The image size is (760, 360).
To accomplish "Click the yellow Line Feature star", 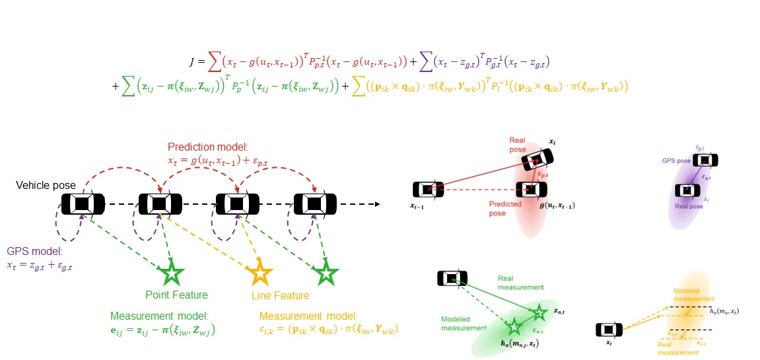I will click(x=259, y=272).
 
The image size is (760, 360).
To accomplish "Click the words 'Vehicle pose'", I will click(x=46, y=186).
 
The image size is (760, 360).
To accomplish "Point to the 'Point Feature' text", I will click(x=176, y=295).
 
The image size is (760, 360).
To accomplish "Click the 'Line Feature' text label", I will click(x=281, y=295).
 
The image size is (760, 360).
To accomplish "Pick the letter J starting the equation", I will click(x=191, y=62).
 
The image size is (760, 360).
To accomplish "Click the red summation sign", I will click(x=215, y=62).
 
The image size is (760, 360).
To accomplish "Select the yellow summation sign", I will click(x=359, y=86).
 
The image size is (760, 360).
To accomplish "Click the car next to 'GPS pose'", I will click(x=705, y=161).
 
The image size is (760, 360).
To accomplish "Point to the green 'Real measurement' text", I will click(x=520, y=283).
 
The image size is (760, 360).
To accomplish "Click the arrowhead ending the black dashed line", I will click(x=377, y=203).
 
